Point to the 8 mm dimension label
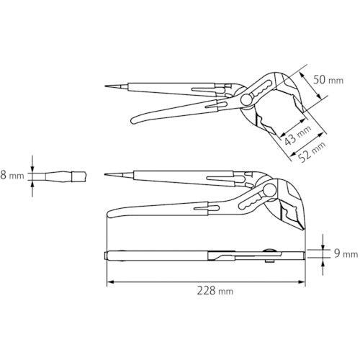click(x=14, y=175)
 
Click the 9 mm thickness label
click(x=345, y=253)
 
